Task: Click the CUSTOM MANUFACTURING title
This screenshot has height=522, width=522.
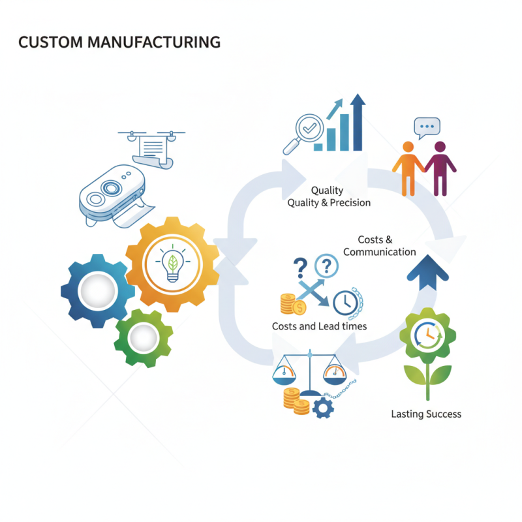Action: point(119,43)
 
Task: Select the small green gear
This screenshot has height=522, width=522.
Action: point(143,338)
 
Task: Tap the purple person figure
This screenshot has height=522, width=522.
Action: point(440,168)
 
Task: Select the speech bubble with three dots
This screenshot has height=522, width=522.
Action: point(427,127)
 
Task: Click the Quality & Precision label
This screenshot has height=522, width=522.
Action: point(329,202)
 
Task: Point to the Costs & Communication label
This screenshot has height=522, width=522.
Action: point(379,246)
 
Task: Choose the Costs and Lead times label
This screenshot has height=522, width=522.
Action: point(319,326)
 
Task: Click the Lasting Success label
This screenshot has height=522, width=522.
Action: point(426,414)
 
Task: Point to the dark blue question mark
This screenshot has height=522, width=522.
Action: point(299,267)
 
